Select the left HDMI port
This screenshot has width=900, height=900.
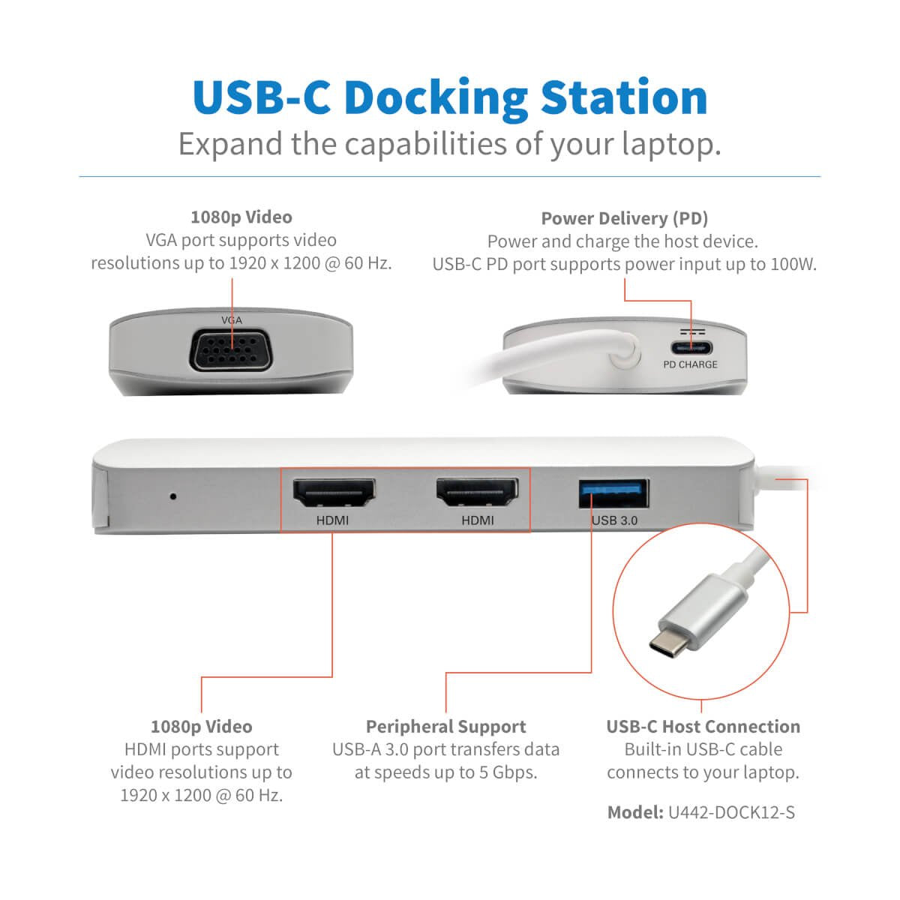tap(333, 495)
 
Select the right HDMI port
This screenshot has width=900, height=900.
tap(478, 495)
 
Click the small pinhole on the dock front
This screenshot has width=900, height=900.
tap(173, 496)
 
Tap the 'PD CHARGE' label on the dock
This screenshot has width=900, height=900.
tap(690, 364)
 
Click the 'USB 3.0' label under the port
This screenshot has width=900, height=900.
tap(614, 520)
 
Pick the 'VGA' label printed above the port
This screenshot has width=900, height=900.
tap(232, 320)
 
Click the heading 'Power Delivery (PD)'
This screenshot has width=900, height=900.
tap(624, 218)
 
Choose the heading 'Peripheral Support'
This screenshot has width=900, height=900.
tap(445, 727)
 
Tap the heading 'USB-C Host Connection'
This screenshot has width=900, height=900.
tap(703, 727)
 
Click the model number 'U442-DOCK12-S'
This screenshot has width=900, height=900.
tap(731, 812)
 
